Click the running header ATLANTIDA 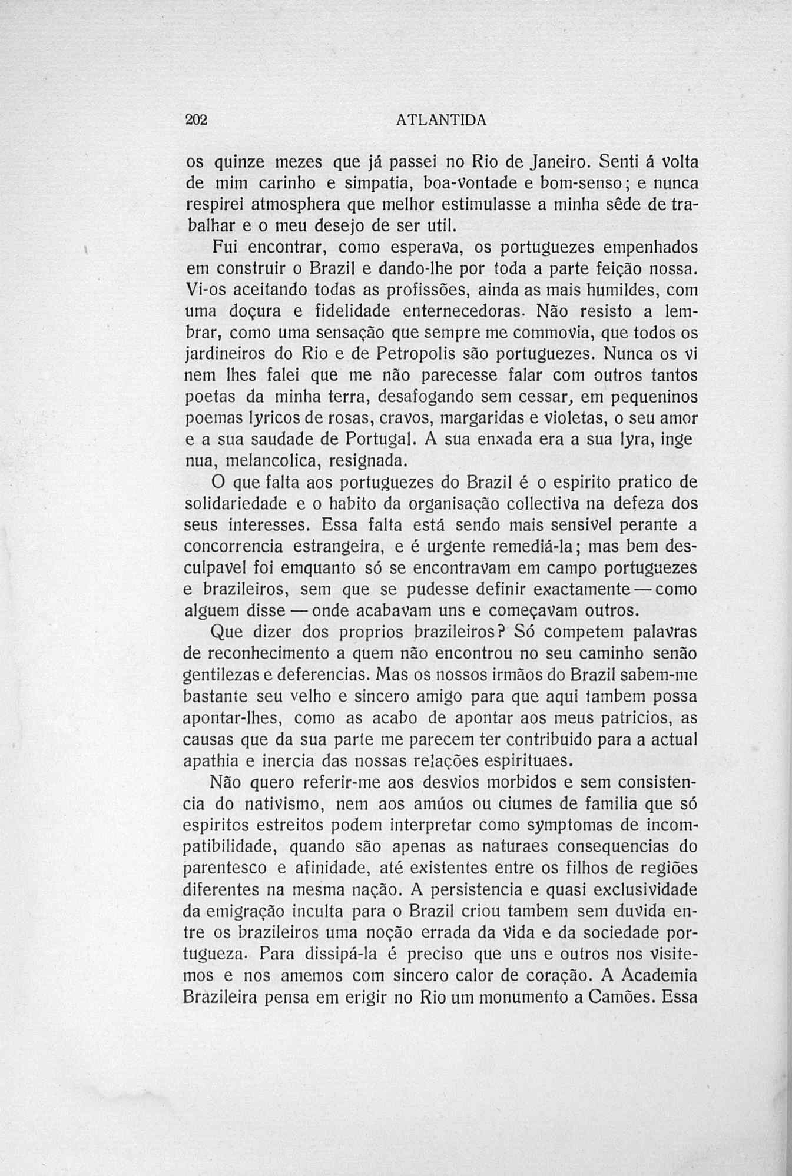pyautogui.click(x=441, y=119)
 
